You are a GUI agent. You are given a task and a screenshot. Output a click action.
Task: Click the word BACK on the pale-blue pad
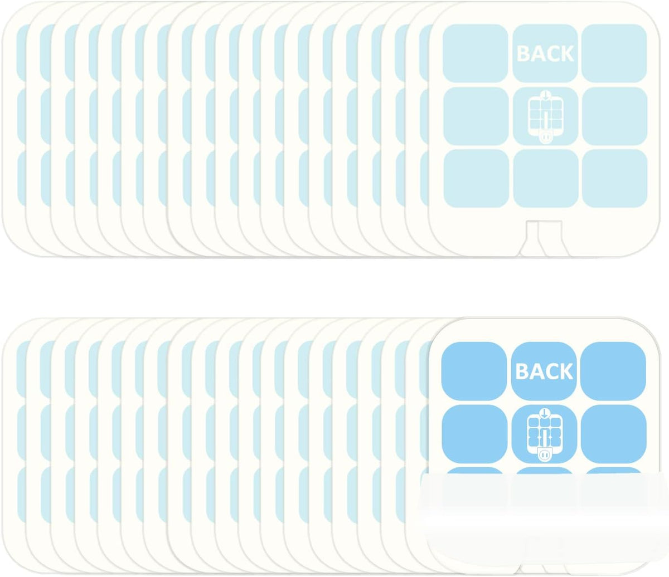point(545,53)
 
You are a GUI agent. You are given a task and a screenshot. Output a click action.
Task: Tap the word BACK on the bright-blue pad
point(544,371)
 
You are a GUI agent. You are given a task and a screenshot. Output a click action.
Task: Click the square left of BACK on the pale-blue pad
point(475,53)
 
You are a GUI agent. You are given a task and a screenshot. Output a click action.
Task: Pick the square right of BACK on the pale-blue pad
point(614,53)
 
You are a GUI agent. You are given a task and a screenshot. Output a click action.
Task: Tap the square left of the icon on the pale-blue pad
point(476,116)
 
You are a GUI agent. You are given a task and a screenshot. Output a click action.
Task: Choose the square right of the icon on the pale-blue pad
point(614,116)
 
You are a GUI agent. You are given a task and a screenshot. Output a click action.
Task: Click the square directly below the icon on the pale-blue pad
point(546,178)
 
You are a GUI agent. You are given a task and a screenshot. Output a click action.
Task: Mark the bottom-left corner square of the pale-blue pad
point(476,178)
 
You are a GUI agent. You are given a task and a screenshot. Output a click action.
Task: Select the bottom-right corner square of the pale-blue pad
point(614,178)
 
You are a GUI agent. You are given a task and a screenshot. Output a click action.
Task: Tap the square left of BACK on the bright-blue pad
point(474,371)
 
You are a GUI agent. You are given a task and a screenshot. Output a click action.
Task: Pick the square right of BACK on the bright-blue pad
point(613,371)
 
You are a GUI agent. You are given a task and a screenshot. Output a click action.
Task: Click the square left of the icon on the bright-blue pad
point(474,434)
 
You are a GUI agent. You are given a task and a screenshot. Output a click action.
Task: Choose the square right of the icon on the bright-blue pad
point(614,434)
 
